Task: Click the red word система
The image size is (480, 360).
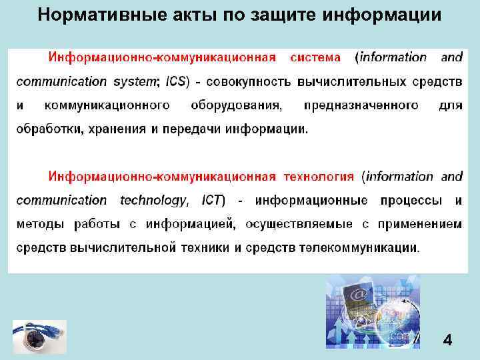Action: [x=315, y=57]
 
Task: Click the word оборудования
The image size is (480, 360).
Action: [x=236, y=105]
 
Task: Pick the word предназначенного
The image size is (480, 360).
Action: [x=361, y=105]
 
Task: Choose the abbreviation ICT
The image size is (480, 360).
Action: [x=213, y=201]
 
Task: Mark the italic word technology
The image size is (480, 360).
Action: [x=153, y=201]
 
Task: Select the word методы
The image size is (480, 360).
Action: [x=39, y=225]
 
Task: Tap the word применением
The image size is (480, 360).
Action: [x=420, y=225]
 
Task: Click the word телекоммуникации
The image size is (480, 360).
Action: [x=359, y=248]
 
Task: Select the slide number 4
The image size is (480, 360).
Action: [x=447, y=341]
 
